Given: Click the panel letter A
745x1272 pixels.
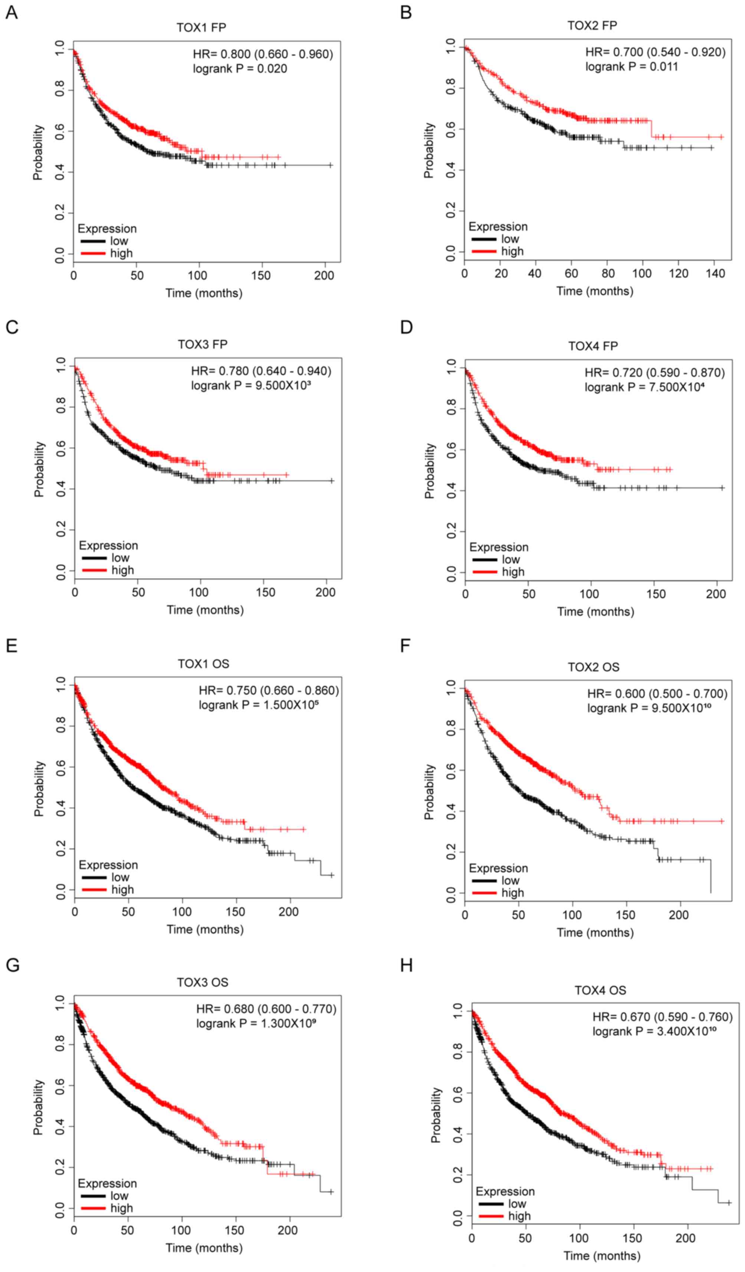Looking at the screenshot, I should pos(11,12).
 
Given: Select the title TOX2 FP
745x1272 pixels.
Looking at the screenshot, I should pos(592,25).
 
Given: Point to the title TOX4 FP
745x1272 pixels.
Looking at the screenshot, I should pos(593,346).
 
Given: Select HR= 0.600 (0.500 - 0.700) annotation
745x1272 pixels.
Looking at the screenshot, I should pos(657,693).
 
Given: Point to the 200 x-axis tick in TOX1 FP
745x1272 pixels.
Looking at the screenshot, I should pos(324,276).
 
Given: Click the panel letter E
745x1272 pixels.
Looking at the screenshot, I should pos(11,646).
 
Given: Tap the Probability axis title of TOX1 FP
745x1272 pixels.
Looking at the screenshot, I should pos(38,152).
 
